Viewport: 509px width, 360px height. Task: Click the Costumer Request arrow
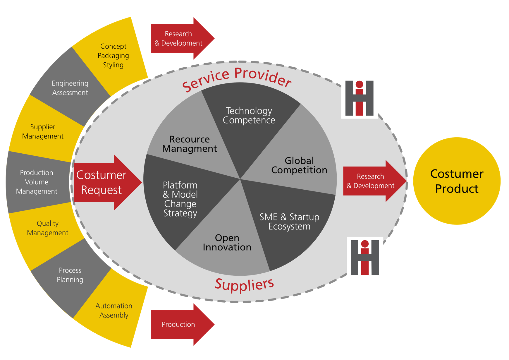[x=102, y=182]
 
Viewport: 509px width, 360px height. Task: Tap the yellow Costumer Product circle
[x=457, y=181]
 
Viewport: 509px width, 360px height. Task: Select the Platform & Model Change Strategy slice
[x=180, y=199]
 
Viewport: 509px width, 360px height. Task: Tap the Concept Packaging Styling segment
[x=113, y=56]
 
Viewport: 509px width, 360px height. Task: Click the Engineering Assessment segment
[x=70, y=88]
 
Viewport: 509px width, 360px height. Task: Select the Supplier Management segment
[x=43, y=131]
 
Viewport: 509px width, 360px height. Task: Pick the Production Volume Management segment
[x=37, y=182]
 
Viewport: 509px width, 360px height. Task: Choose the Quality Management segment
[x=47, y=228]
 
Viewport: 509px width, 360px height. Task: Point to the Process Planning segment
[x=70, y=275]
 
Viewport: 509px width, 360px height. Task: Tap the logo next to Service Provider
[x=360, y=98]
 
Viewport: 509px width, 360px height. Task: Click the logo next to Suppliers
[x=365, y=258]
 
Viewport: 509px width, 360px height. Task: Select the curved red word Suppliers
[x=244, y=284]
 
